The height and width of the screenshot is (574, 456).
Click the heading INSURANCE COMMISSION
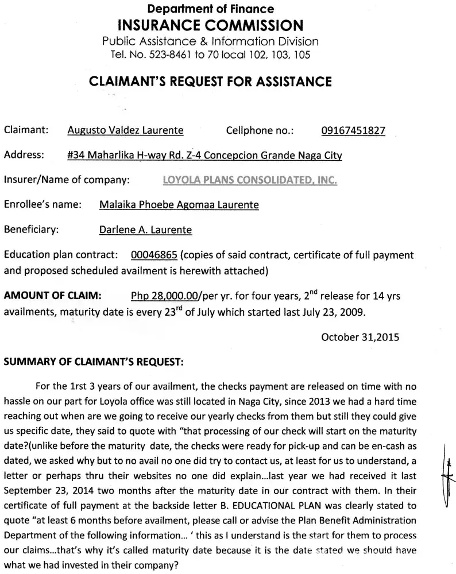(210, 25)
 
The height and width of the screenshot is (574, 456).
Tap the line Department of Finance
(211, 9)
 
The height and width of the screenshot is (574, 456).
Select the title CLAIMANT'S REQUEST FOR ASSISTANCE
(210, 82)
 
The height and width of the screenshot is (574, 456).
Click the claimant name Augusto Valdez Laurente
(125, 130)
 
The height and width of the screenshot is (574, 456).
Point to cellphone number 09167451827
(353, 130)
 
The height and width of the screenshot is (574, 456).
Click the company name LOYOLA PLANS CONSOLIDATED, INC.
(250, 180)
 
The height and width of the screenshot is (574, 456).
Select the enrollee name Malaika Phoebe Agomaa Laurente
(179, 204)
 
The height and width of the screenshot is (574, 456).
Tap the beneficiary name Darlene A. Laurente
(145, 230)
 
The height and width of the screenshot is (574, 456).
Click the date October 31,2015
(360, 337)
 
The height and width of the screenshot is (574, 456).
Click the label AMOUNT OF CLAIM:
(53, 296)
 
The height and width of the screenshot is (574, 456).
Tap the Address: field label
(24, 155)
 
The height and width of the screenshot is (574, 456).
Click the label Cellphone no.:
(260, 130)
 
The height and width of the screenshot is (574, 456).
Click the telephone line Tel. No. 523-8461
(210, 55)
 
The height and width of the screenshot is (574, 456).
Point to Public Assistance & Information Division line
(210, 41)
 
